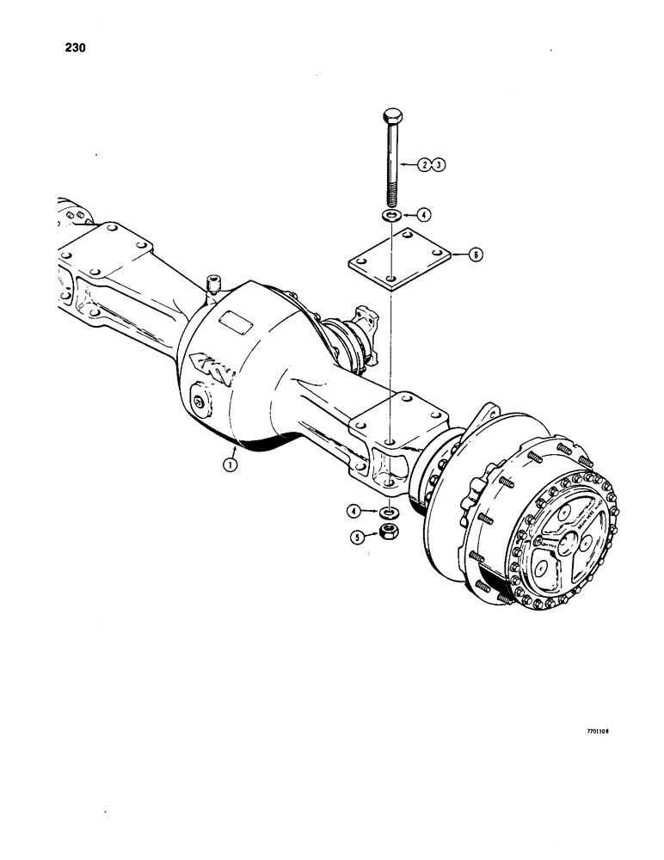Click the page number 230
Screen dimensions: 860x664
click(75, 49)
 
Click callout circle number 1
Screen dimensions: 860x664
click(230, 464)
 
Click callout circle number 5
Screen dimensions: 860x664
click(354, 537)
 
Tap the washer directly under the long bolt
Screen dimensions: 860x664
click(390, 214)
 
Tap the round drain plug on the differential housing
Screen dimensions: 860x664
click(199, 402)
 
